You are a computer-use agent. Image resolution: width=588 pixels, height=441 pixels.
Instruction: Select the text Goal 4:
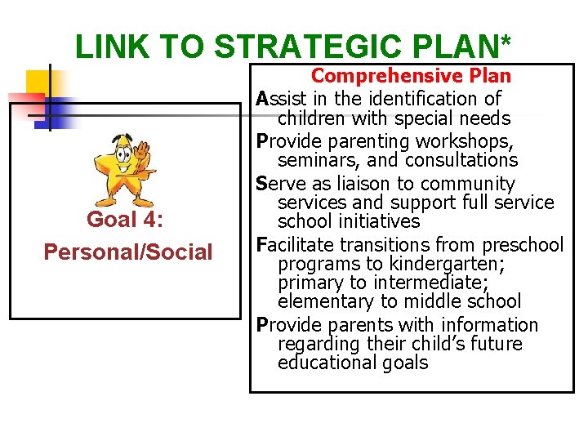tap(127, 220)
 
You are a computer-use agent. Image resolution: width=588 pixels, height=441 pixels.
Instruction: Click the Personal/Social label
tap(127, 252)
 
